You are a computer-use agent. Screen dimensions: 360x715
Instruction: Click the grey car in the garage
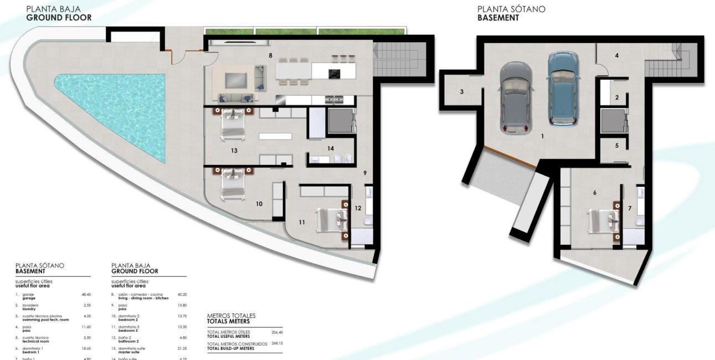click(x=516, y=97)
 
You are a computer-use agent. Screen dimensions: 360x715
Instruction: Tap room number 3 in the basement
click(x=461, y=92)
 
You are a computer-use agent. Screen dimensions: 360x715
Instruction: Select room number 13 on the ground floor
click(x=234, y=150)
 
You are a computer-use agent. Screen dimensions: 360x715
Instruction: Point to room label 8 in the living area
click(x=270, y=55)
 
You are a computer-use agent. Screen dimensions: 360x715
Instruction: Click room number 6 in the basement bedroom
click(x=594, y=193)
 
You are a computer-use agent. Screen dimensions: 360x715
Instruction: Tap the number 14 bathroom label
click(x=331, y=148)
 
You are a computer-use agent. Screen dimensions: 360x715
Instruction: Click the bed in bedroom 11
click(x=331, y=220)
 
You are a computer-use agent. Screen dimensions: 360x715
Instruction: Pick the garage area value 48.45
click(x=86, y=295)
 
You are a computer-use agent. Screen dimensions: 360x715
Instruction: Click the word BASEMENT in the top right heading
click(x=498, y=18)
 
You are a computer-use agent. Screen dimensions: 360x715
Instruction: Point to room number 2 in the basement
click(x=617, y=98)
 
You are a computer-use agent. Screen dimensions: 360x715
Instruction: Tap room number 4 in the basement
click(x=616, y=55)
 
